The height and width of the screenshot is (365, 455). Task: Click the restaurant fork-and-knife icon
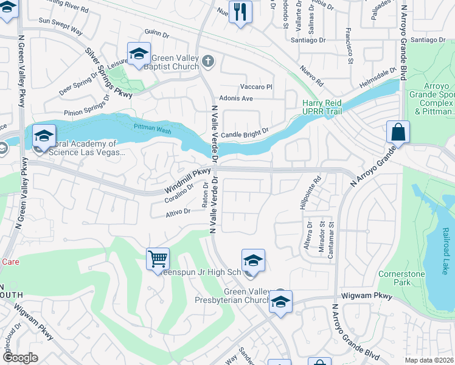[x=240, y=12]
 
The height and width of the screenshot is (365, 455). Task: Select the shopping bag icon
[x=397, y=132]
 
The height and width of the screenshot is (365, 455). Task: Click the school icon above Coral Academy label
[x=44, y=136]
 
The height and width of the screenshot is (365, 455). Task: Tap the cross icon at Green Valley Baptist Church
[x=208, y=60]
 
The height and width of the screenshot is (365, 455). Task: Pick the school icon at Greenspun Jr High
[x=253, y=261]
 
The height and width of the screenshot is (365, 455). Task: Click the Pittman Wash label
[x=153, y=130]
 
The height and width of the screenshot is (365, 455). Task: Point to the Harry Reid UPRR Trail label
[x=322, y=107]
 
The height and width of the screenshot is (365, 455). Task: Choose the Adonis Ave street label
[x=238, y=98]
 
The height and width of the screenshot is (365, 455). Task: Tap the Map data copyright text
[x=430, y=360]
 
